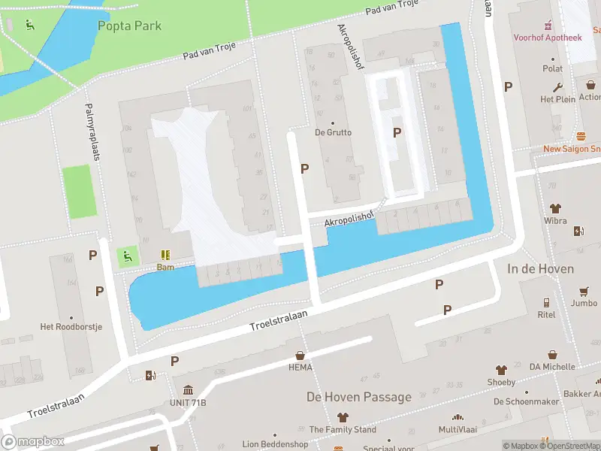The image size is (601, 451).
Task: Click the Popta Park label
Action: [x=129, y=26]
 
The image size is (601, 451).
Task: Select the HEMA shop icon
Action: [x=300, y=355]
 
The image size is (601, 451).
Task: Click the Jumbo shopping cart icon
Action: [x=584, y=291]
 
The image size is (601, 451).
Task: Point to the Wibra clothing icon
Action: [x=555, y=208]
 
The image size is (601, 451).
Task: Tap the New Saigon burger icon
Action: [x=581, y=136]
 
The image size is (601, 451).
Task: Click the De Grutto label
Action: [x=333, y=132]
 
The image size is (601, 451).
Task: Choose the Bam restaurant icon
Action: [x=165, y=256]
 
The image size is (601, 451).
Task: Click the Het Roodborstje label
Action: [x=71, y=327]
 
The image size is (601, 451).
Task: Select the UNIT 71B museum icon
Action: [x=187, y=390]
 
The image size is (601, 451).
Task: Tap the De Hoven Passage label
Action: [x=358, y=397]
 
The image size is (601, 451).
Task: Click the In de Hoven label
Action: [x=540, y=268]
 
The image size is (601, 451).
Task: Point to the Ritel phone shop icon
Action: [x=546, y=303]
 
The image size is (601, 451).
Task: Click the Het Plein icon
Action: [x=558, y=86]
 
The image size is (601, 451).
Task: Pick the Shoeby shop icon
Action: [x=501, y=370]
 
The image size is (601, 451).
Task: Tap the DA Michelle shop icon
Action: [x=553, y=355]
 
